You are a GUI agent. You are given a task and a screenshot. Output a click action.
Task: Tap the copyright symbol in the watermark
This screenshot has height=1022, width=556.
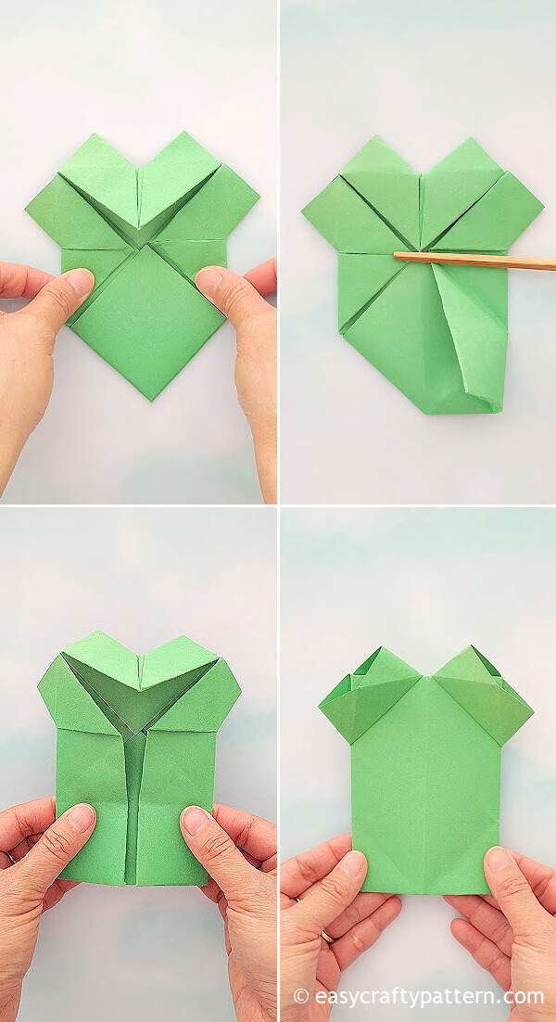tap(301, 996)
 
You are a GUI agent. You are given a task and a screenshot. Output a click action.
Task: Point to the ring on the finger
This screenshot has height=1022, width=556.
tap(326, 938)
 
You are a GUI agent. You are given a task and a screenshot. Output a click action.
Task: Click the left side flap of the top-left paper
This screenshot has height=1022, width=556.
tap(51, 214)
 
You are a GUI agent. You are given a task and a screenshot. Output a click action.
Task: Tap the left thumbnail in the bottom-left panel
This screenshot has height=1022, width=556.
tap(80, 816)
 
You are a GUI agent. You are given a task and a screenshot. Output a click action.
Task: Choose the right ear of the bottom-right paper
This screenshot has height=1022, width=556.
tap(486, 696)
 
